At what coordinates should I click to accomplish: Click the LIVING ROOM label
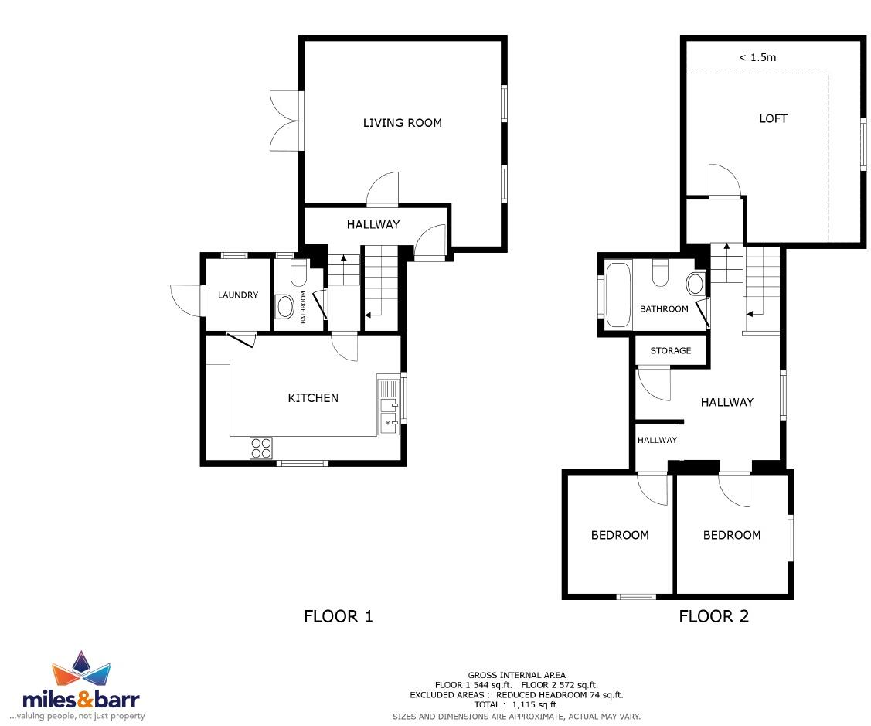click(x=402, y=122)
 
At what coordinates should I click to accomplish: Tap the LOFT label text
click(x=773, y=118)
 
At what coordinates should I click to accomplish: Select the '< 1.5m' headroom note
click(x=757, y=57)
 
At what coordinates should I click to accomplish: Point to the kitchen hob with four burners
click(x=261, y=448)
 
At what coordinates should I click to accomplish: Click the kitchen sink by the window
click(x=387, y=404)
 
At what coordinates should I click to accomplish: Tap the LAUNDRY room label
click(x=237, y=295)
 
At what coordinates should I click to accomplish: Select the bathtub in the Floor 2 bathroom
click(x=618, y=296)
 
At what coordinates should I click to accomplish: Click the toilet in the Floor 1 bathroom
click(x=298, y=273)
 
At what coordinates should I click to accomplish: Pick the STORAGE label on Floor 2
click(x=670, y=350)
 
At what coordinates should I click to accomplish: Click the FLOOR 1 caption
click(x=339, y=616)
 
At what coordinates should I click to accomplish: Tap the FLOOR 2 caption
click(x=713, y=616)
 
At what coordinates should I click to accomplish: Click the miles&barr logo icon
click(x=81, y=670)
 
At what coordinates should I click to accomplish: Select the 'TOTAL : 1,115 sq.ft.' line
click(x=516, y=704)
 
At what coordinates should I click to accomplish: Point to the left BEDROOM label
click(x=620, y=535)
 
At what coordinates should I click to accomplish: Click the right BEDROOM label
click(x=731, y=535)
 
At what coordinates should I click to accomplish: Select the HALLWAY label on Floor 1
click(x=373, y=224)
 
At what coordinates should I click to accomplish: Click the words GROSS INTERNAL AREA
click(x=516, y=675)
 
